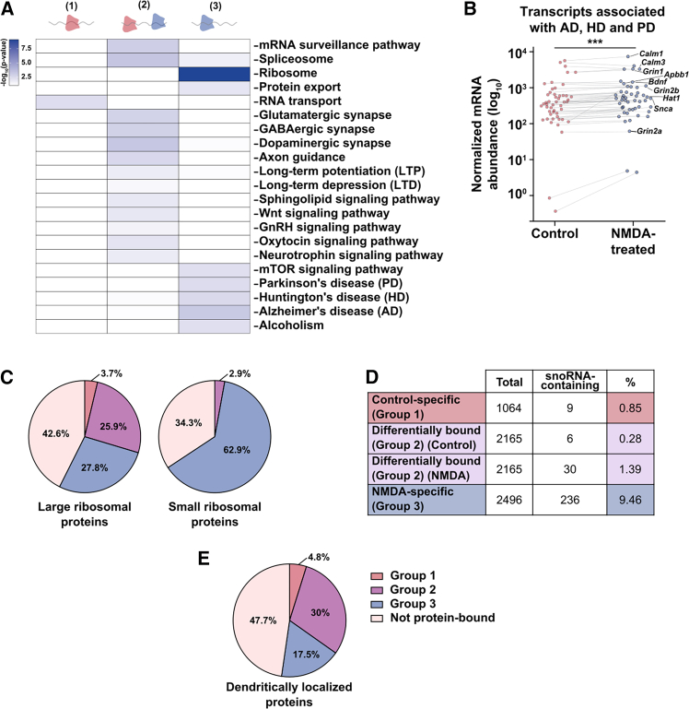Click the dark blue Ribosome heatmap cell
click(214, 75)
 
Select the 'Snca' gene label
click(662, 108)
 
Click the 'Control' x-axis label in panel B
click(555, 233)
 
